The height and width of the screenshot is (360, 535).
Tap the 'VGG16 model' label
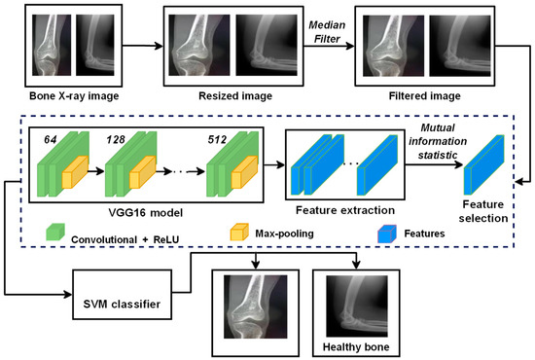tap(146, 209)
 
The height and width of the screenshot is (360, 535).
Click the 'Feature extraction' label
tap(346, 208)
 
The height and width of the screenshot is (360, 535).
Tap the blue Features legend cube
tap(384, 233)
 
